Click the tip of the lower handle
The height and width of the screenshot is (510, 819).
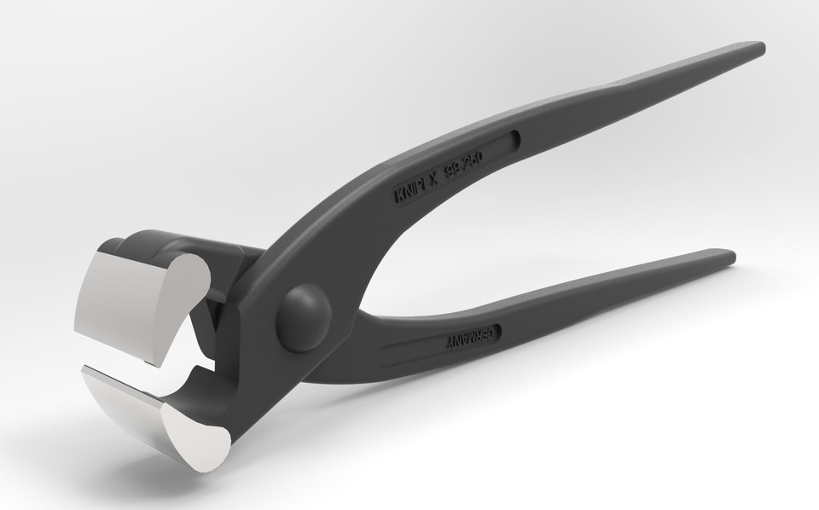pos(725,255)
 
